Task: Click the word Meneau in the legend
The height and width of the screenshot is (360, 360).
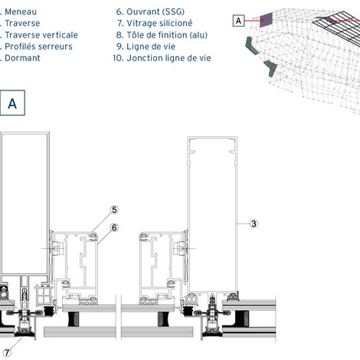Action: point(21,11)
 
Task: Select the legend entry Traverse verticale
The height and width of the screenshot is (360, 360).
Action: point(41,35)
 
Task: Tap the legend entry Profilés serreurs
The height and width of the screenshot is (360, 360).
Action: point(38,47)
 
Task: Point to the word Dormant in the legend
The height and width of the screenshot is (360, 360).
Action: point(22,58)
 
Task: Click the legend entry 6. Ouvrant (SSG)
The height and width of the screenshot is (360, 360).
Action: point(150,11)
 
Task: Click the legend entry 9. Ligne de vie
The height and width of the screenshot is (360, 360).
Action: point(146,47)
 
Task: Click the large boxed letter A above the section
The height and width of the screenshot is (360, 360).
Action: point(12,103)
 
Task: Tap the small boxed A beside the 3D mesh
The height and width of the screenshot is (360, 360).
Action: point(238,21)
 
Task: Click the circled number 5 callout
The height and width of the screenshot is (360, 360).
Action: point(114,210)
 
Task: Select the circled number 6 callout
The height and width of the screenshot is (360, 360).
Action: point(114,227)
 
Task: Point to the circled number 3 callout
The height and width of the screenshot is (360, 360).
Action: point(254,224)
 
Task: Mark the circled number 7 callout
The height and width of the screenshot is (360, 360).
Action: point(7,353)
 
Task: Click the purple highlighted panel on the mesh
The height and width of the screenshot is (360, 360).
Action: point(267,19)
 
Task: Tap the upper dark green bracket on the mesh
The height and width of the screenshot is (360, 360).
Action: point(252,45)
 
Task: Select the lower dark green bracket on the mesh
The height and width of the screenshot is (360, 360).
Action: point(271,68)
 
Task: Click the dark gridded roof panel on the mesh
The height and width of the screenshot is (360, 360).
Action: point(337,27)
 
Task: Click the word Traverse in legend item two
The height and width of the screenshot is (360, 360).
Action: point(22,23)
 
